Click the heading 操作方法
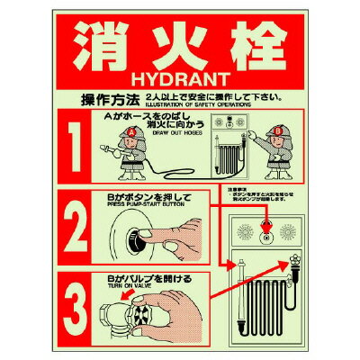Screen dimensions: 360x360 pos(108,96)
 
